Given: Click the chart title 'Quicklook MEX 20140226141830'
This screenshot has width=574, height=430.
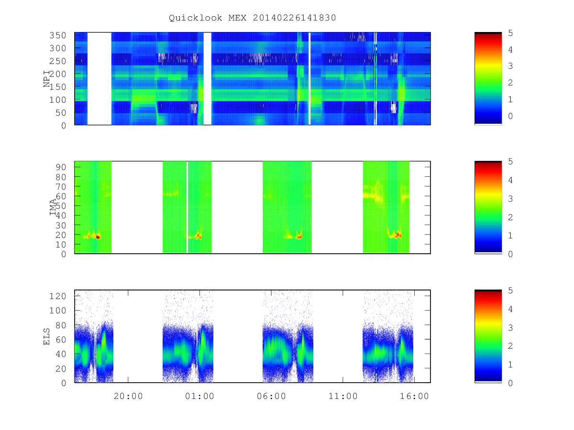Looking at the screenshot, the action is [252, 18].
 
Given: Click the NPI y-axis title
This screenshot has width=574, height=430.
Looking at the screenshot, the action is [47, 78].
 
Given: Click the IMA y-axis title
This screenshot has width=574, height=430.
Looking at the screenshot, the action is [53, 207].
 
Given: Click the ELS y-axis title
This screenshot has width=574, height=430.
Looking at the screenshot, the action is [46, 336].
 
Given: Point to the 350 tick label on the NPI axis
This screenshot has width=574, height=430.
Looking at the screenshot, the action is [57, 35].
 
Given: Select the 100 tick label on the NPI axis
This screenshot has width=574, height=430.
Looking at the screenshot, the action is [57, 100].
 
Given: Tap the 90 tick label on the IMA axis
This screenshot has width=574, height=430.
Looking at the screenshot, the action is [61, 167].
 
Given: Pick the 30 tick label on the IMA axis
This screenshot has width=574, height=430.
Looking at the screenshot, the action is [61, 225].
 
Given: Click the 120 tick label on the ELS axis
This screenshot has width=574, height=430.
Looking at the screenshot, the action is [57, 296].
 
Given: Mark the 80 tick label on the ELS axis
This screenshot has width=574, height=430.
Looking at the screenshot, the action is [61, 325].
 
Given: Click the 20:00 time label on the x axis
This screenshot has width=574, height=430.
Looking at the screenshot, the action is [128, 396].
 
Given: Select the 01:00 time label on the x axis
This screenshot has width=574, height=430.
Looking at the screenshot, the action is [199, 396].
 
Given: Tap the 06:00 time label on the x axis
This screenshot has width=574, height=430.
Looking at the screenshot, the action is [271, 396].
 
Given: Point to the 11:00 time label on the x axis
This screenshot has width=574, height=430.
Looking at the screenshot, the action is [343, 396].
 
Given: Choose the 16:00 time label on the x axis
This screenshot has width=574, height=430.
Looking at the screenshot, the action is [414, 396].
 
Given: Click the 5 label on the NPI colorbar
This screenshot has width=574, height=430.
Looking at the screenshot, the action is [510, 33].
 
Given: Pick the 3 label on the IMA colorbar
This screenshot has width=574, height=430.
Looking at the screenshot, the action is [510, 199].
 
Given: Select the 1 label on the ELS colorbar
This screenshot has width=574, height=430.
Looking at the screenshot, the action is [510, 365].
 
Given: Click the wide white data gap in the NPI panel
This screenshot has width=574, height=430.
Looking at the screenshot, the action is [99, 78].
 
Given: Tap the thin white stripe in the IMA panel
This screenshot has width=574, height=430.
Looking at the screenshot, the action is [187, 207].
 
